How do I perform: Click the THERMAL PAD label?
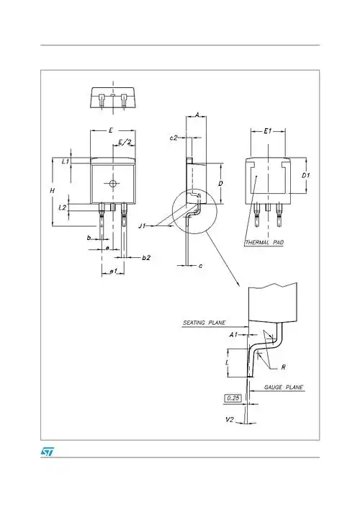coord(264,243)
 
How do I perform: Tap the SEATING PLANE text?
coord(204,323)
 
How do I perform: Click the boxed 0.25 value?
coord(233,398)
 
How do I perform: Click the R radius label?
coord(284,367)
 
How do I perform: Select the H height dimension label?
coord(51,189)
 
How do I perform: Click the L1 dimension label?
coord(65,162)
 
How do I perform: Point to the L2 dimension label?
coord(63,207)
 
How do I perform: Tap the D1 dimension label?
coord(305,175)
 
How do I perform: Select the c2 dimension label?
coord(174,137)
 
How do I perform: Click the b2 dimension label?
coord(146,257)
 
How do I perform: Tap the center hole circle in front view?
coord(112,184)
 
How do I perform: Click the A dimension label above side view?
coord(197,115)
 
